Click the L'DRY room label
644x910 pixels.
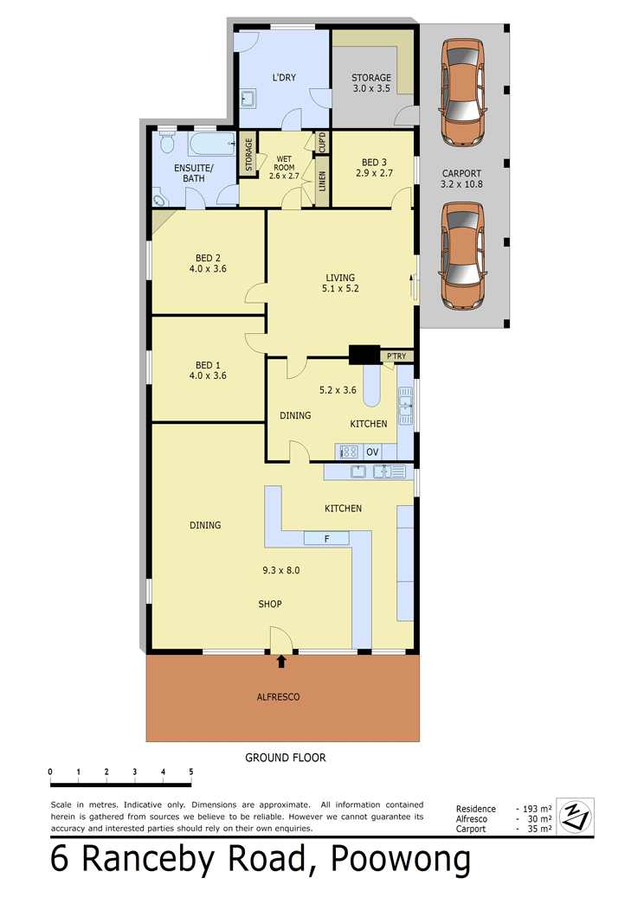tap(284, 77)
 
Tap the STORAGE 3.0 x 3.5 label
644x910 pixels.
tap(371, 83)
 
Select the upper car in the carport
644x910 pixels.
tap(462, 93)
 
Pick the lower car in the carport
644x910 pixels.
tap(462, 255)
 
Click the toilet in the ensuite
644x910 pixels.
tap(167, 142)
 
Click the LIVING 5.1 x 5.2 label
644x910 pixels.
tap(340, 283)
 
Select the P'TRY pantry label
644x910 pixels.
tap(396, 356)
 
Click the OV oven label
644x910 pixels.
tap(372, 452)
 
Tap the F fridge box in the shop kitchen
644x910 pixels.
tap(326, 539)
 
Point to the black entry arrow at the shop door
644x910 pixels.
tap(281, 661)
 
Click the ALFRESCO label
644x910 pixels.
tap(278, 696)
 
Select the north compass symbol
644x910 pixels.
tap(575, 817)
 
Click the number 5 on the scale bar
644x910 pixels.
tap(191, 772)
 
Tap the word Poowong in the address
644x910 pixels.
tap(400, 860)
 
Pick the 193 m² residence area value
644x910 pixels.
tap(538, 809)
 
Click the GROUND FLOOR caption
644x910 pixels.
tap(285, 758)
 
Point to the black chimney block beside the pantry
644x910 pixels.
tap(364, 355)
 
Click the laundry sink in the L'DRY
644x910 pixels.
tap(248, 99)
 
